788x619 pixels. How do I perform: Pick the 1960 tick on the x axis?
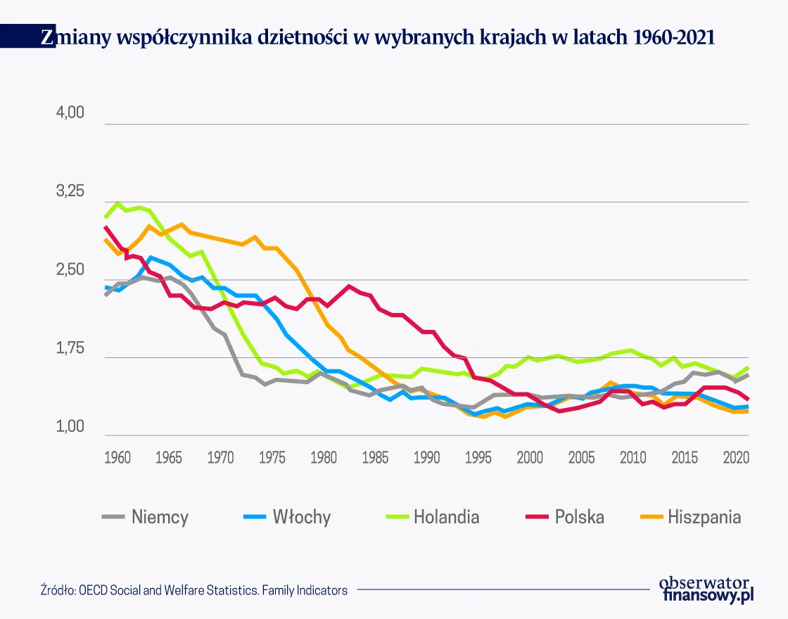(117, 457)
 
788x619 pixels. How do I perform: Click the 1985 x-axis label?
(375, 457)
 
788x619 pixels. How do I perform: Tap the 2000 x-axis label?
(530, 457)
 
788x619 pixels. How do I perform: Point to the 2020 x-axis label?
(735, 457)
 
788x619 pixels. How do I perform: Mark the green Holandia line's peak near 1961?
(117, 203)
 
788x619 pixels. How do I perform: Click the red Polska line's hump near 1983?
(349, 286)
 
